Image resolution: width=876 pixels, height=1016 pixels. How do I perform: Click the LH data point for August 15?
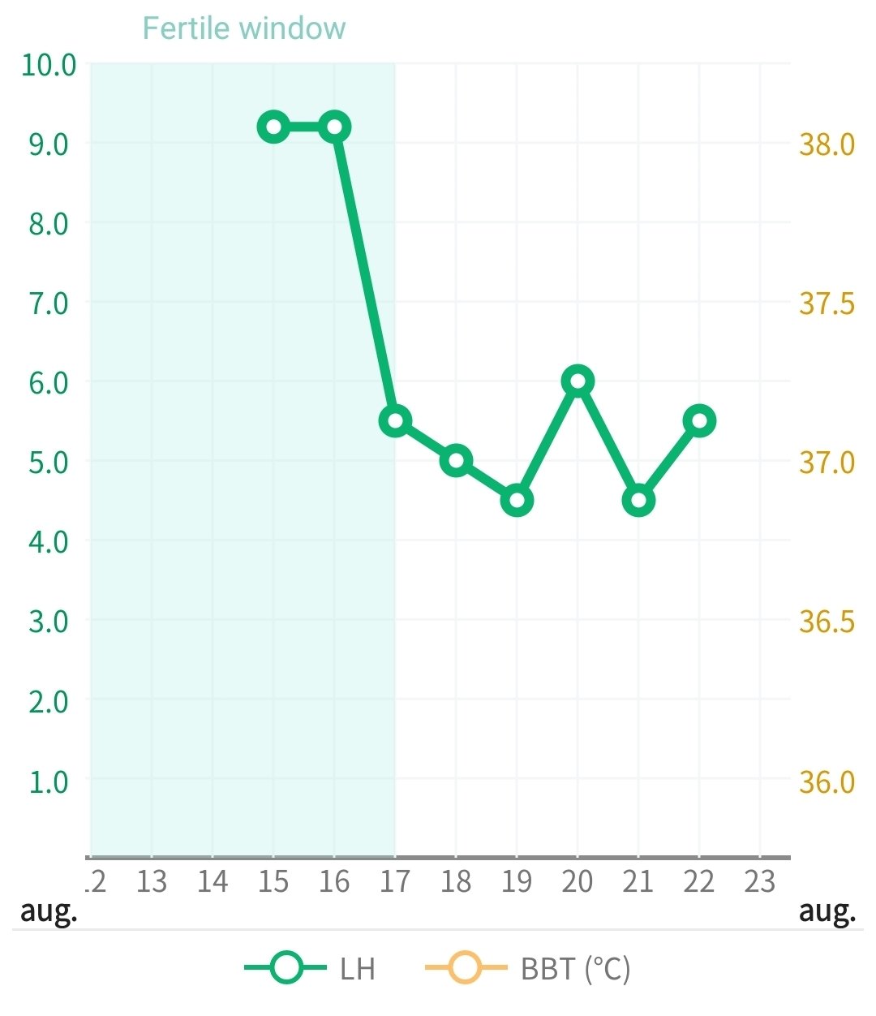point(273,127)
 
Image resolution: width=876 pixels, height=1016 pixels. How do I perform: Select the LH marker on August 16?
point(334,127)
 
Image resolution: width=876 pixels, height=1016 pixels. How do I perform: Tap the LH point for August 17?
point(395,420)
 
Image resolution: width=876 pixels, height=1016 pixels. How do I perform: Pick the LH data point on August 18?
point(456,460)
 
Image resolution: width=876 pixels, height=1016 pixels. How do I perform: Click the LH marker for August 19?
point(517,500)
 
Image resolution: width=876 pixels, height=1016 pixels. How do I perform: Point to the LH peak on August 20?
point(578,381)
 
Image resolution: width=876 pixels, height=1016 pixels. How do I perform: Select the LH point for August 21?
point(638,500)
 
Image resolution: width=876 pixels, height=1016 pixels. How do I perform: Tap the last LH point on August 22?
point(699,420)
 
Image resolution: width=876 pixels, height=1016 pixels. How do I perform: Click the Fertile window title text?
point(243,28)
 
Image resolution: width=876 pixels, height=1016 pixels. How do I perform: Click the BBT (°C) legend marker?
point(466,967)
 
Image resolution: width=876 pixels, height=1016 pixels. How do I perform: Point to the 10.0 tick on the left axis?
point(49,64)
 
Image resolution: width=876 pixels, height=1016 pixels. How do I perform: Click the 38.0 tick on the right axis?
point(827,144)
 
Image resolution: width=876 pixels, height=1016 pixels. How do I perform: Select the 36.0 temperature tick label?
point(827,781)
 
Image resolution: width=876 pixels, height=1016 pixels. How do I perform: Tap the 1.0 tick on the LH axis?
point(49,781)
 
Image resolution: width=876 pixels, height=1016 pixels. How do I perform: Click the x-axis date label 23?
point(760,881)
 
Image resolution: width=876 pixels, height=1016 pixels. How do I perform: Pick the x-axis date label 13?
point(152,881)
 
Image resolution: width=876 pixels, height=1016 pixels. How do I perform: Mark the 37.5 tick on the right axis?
point(827,303)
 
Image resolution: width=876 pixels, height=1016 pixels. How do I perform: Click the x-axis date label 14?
point(213,881)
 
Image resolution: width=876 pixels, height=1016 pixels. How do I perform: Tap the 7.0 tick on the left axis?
point(49,303)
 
